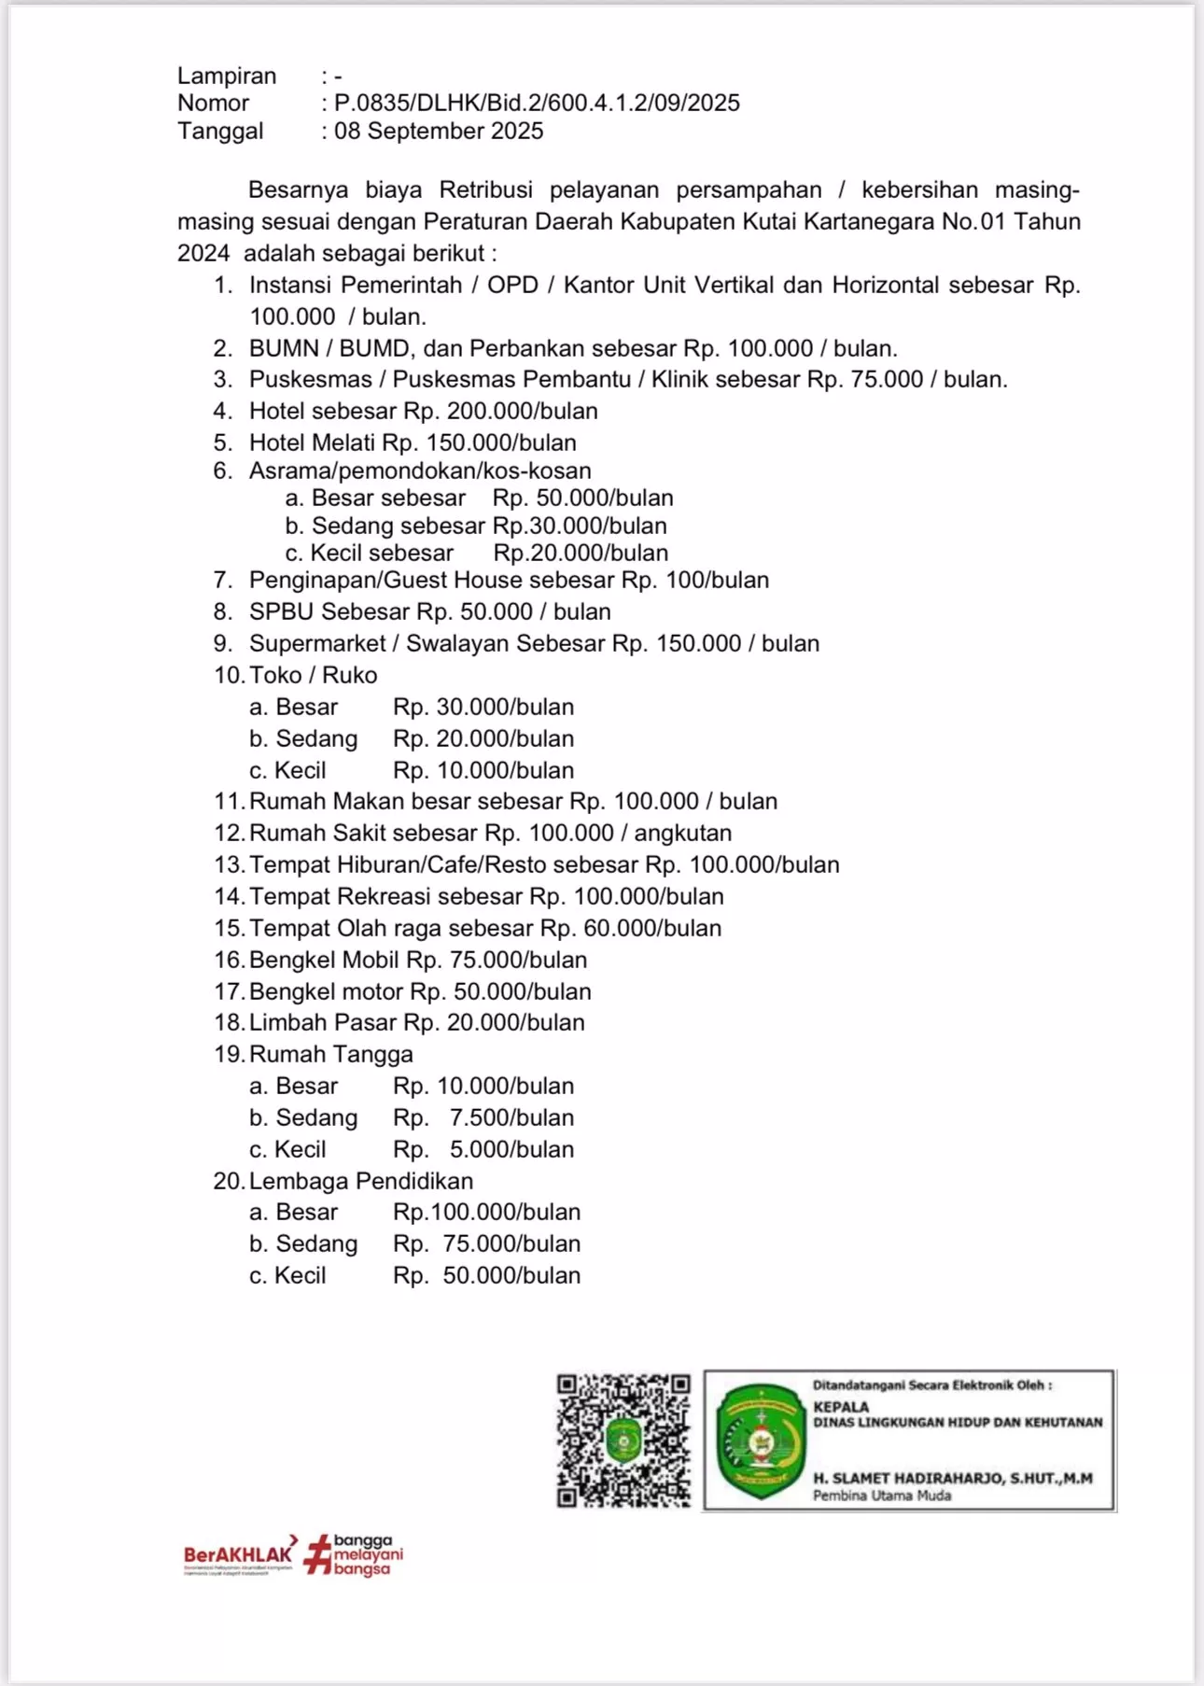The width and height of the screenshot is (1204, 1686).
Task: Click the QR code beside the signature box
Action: tap(623, 1440)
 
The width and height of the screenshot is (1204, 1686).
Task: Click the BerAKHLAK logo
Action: tap(239, 1554)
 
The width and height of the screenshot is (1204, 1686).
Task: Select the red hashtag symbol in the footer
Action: tap(317, 1554)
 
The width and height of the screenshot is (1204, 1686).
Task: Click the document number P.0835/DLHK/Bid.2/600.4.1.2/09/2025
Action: tap(537, 103)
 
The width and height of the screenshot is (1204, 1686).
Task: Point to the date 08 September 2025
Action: tap(439, 131)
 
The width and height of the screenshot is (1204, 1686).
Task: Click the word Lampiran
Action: tap(227, 76)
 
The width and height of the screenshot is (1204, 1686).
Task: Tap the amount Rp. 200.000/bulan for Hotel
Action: tap(500, 411)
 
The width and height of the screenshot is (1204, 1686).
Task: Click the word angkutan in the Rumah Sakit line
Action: tap(683, 833)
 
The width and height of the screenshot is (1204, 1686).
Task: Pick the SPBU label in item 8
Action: tap(281, 612)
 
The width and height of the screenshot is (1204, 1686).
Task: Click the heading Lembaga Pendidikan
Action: tap(361, 1181)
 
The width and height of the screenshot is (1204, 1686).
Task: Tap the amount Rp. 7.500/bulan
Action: tap(483, 1117)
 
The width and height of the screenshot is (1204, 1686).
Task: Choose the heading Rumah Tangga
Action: tap(331, 1054)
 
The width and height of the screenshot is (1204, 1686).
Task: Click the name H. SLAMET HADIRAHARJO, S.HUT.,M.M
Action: tap(952, 1478)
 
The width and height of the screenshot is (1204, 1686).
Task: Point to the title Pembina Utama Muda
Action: tap(882, 1496)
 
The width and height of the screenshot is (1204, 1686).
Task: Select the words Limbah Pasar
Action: tap(323, 1022)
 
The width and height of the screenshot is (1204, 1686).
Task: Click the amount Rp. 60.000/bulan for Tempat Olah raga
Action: tap(631, 928)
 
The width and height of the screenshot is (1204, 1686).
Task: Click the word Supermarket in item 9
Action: tap(317, 644)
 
